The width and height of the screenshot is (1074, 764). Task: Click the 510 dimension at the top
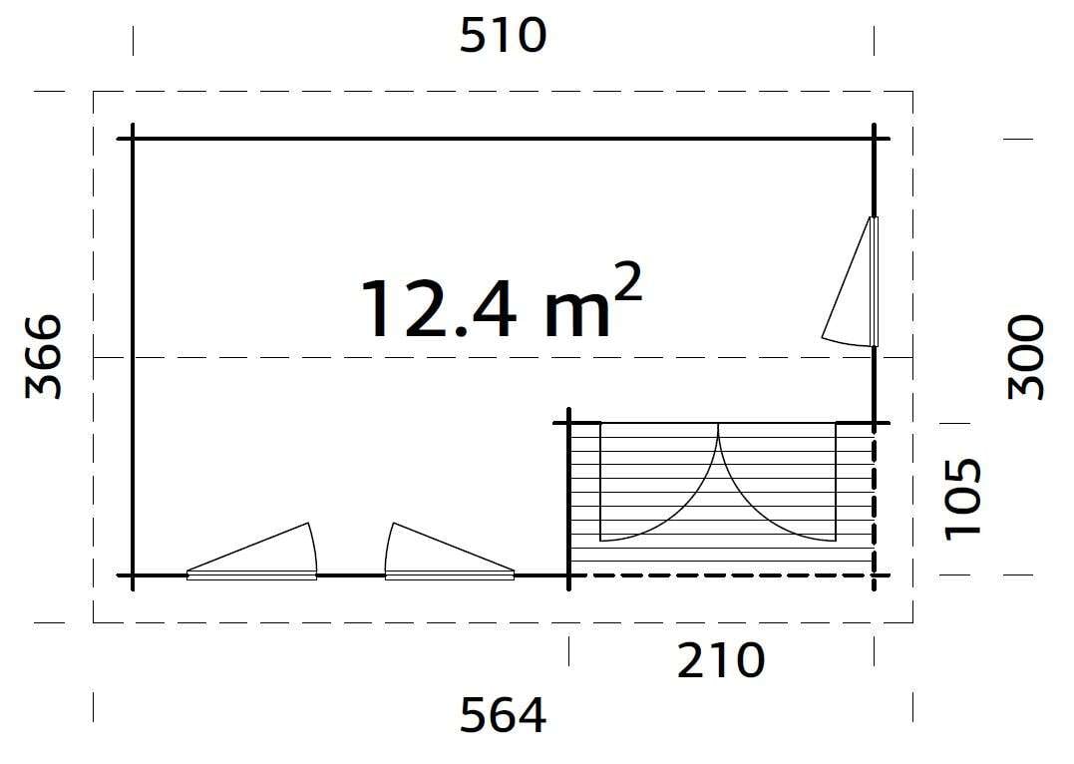[504, 37]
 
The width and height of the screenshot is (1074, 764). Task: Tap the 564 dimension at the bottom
[504, 714]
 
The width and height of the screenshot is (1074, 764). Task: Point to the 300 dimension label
[1026, 356]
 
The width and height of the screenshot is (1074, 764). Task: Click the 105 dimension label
[963, 498]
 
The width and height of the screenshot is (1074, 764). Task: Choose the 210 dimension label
[721, 660]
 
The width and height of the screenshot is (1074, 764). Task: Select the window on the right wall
[856, 284]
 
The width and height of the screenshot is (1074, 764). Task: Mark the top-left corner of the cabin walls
[133, 139]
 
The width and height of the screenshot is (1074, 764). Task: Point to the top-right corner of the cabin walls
[875, 139]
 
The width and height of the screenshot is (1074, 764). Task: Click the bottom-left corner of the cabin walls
[133, 575]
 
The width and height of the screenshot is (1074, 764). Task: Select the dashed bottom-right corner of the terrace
[875, 575]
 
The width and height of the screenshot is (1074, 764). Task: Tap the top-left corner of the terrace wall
[569, 424]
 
